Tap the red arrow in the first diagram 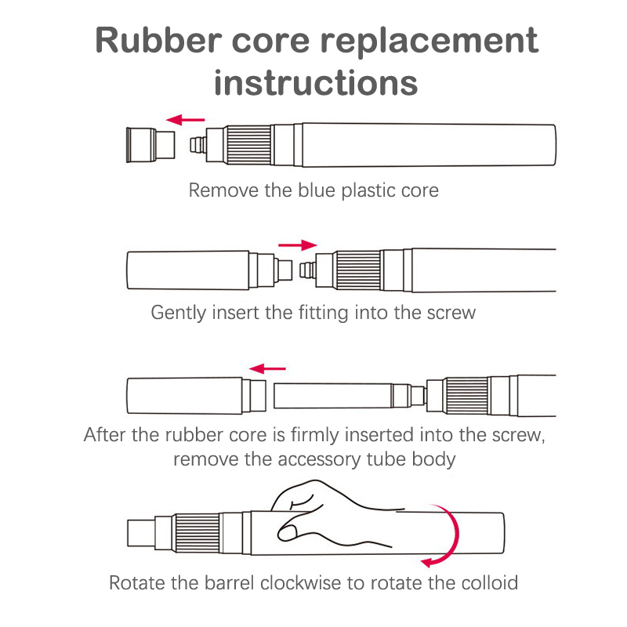tap(185, 120)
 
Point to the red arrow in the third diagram tap(267, 367)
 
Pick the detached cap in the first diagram tap(151, 143)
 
